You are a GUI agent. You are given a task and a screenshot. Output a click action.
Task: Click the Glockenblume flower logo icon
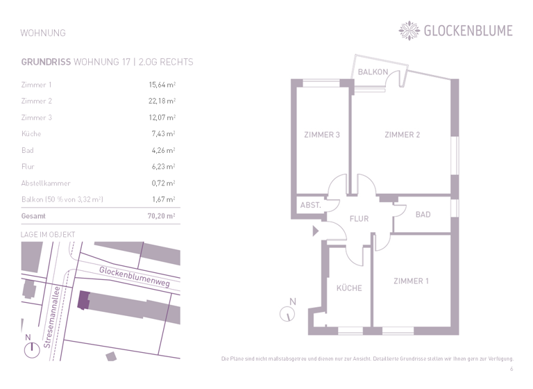[409, 30]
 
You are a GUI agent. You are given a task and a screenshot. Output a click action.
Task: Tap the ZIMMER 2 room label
[403, 135]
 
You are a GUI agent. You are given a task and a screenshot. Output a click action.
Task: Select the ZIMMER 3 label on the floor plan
[322, 135]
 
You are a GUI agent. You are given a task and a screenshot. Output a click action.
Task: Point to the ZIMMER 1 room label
[411, 281]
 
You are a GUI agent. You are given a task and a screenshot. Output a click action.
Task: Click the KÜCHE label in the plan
[349, 288]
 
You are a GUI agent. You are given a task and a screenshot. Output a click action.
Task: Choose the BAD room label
[423, 215]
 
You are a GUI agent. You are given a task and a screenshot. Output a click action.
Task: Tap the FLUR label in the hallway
[359, 219]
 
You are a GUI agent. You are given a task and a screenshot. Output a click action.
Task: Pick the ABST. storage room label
[310, 206]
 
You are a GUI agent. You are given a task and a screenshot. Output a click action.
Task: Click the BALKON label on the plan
[373, 72]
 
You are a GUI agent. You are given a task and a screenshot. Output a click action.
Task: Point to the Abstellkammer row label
[46, 183]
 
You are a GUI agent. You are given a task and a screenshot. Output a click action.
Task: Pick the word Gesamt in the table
[35, 217]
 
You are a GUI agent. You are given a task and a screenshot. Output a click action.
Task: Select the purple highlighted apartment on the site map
[83, 300]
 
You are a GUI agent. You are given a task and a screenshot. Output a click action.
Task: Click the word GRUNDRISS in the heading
[46, 62]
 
